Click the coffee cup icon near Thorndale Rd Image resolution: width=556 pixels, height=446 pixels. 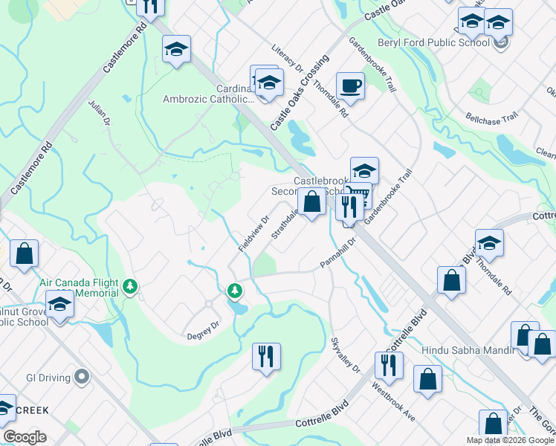pos(350,85)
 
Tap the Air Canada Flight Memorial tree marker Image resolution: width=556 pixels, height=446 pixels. pos(131,286)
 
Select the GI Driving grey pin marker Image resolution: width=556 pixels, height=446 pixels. pos(82,377)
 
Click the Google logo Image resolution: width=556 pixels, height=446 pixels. pos(25,437)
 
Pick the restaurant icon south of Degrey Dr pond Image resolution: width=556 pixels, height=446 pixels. pos(265,355)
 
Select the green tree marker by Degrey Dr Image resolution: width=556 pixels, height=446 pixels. pos(235,290)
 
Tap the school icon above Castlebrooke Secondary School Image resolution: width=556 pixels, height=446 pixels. pos(364,170)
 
